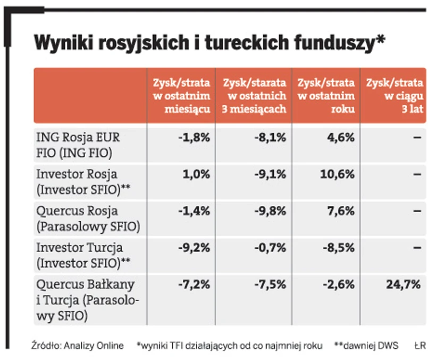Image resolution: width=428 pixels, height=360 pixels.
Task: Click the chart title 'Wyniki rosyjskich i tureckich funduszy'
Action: click(209, 43)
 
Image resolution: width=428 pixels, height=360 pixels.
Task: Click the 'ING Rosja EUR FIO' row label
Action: click(78, 145)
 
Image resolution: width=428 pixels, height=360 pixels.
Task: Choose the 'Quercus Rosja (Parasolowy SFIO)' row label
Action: click(88, 219)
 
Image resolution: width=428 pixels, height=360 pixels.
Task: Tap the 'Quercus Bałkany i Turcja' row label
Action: click(88, 300)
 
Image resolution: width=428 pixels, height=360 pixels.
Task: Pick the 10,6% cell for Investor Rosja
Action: click(339, 174)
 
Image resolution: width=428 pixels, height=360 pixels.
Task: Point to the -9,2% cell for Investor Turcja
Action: click(195, 247)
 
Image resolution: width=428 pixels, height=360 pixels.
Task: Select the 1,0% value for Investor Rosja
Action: click(197, 174)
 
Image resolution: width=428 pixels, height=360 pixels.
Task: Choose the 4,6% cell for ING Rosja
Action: click(341, 137)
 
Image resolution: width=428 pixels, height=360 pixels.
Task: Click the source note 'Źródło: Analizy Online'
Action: click(78, 346)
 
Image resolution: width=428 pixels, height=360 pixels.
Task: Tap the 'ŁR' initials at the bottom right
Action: click(420, 346)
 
